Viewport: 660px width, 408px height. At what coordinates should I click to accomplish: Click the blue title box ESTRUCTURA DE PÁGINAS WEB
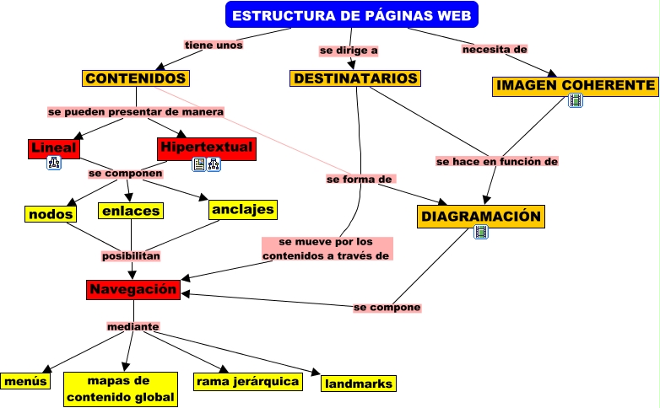352,15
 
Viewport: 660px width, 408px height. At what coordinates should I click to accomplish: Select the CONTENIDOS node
135,78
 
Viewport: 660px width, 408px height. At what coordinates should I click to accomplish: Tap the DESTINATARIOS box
354,78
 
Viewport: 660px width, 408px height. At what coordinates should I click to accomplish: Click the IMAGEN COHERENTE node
576,86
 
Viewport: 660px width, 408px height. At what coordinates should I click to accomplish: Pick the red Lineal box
53,148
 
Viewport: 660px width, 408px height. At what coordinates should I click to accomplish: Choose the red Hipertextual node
205,148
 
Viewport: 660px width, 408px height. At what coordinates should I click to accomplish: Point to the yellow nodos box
51,214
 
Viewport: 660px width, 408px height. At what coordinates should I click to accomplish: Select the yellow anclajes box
243,209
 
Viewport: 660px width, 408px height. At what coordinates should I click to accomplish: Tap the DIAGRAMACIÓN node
481,217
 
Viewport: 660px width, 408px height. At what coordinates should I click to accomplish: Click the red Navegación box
133,290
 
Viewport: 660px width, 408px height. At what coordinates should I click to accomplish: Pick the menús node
24,380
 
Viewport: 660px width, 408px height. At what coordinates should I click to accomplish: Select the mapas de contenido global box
121,389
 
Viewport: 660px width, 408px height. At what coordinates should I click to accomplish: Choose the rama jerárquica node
247,382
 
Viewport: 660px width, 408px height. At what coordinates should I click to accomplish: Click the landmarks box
359,384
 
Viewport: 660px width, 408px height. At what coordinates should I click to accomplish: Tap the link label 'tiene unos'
214,46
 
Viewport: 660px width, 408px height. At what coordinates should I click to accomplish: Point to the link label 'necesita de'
495,50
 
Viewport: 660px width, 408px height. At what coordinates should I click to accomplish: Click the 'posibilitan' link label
131,255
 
